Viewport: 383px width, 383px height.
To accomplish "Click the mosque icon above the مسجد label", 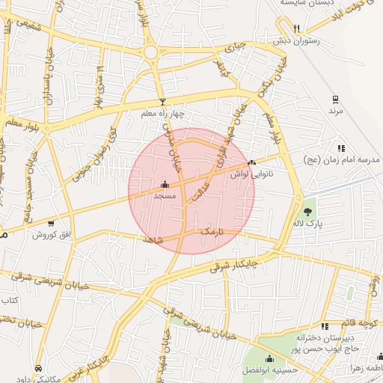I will coord(164,183).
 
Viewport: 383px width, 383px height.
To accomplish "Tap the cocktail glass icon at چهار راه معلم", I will coord(162,102).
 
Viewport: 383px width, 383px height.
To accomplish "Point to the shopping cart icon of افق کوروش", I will coord(51,223).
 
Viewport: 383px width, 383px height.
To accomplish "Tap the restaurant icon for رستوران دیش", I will coord(297,28).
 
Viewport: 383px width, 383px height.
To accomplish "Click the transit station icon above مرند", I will coord(335,99).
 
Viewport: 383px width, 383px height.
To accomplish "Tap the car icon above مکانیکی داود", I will coord(38,368).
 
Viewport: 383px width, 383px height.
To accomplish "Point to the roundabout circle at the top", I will coord(151,52).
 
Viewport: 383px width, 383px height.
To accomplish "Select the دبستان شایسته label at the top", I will coord(307,3).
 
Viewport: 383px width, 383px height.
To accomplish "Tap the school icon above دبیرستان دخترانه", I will coord(324,326).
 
